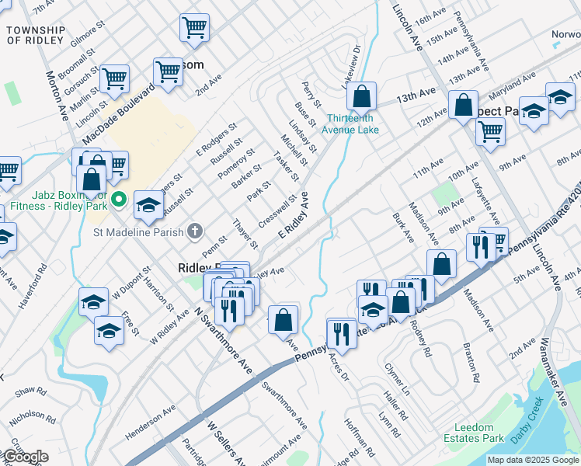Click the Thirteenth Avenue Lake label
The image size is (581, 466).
point(353,124)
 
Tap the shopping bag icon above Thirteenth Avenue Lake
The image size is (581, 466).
point(361,97)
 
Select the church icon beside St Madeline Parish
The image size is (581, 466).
point(194,231)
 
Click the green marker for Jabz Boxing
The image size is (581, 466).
point(119,200)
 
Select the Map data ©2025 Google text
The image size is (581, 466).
point(532,460)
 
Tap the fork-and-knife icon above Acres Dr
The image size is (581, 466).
point(342,332)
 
